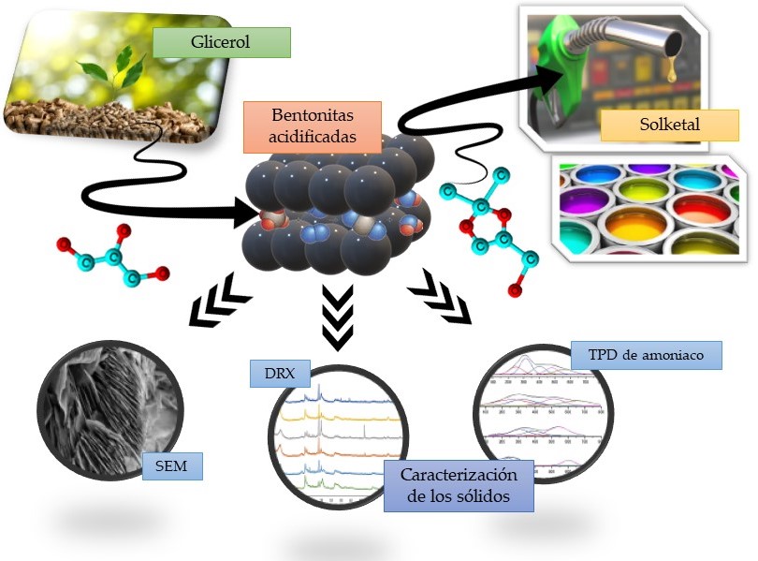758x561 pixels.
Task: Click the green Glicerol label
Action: pyautogui.click(x=222, y=42)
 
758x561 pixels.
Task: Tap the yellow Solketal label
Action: pyautogui.click(x=651, y=125)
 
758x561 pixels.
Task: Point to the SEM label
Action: pyautogui.click(x=171, y=465)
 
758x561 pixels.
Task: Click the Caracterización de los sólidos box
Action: pyautogui.click(x=458, y=485)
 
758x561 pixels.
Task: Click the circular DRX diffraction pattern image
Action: pyautogui.click(x=332, y=440)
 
